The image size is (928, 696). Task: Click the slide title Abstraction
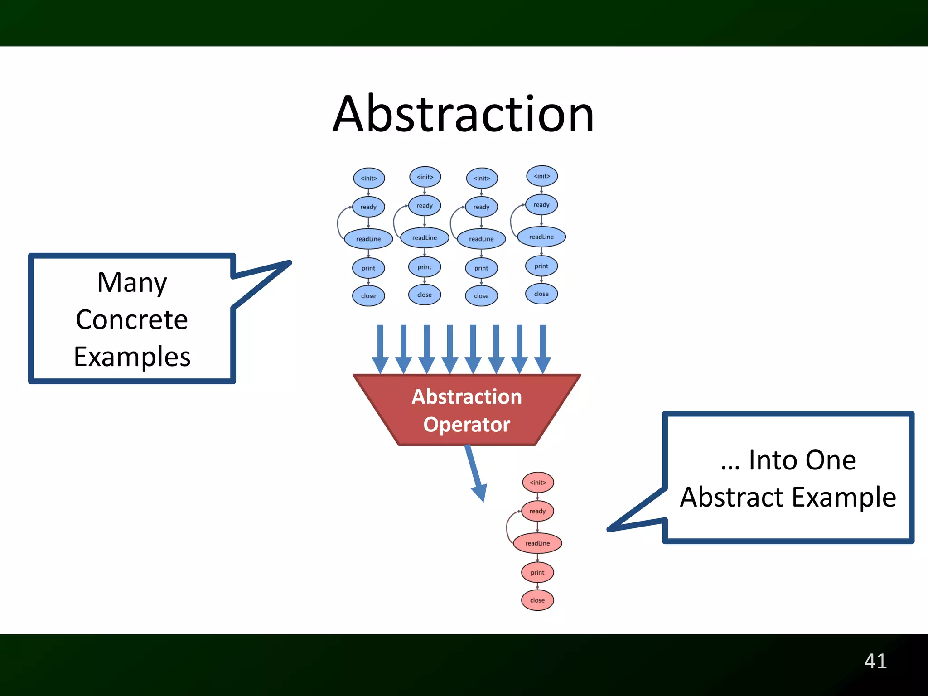click(463, 114)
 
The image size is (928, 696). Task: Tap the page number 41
click(875, 661)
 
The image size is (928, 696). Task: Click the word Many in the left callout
click(132, 283)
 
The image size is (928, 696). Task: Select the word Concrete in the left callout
click(132, 320)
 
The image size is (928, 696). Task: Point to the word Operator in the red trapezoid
click(467, 425)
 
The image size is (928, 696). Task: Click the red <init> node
click(538, 483)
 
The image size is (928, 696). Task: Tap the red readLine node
click(537, 543)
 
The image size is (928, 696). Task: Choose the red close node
click(537, 600)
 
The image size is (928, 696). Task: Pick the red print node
click(537, 572)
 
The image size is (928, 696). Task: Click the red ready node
click(537, 511)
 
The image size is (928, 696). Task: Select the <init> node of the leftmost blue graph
click(369, 178)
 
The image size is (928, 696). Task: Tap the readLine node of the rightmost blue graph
click(541, 237)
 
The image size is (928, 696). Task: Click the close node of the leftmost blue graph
click(368, 296)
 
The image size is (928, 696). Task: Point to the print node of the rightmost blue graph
click(541, 266)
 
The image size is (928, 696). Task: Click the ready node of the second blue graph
click(425, 206)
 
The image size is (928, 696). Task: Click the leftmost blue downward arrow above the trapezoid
click(380, 349)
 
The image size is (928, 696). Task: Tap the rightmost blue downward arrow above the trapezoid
click(543, 349)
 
